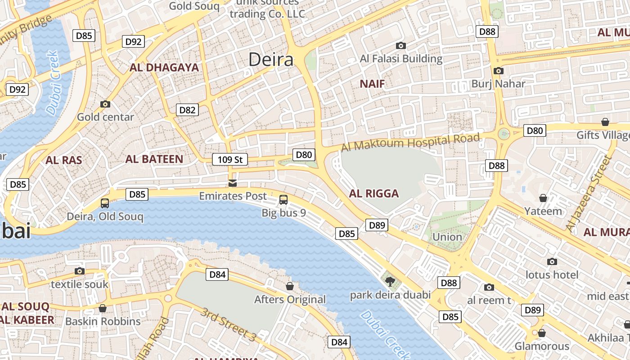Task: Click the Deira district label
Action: (270, 59)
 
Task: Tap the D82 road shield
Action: (187, 110)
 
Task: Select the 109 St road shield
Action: (230, 159)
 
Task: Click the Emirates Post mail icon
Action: (233, 183)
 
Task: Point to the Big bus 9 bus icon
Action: (283, 199)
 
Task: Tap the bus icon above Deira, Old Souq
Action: (105, 203)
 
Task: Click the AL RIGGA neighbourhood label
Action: (374, 193)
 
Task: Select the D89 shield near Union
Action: (377, 225)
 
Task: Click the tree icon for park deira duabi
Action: (390, 282)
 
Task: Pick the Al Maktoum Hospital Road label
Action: (410, 143)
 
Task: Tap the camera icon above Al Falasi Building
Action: (400, 45)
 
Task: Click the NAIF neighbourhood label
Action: (372, 84)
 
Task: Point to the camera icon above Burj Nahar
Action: (498, 71)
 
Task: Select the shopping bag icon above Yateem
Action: (543, 198)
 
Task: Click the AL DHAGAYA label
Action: (164, 67)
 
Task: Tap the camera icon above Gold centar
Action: (105, 104)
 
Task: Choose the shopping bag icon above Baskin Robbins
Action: (103, 308)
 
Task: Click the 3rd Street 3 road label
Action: (228, 324)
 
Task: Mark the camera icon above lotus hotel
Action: (552, 261)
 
